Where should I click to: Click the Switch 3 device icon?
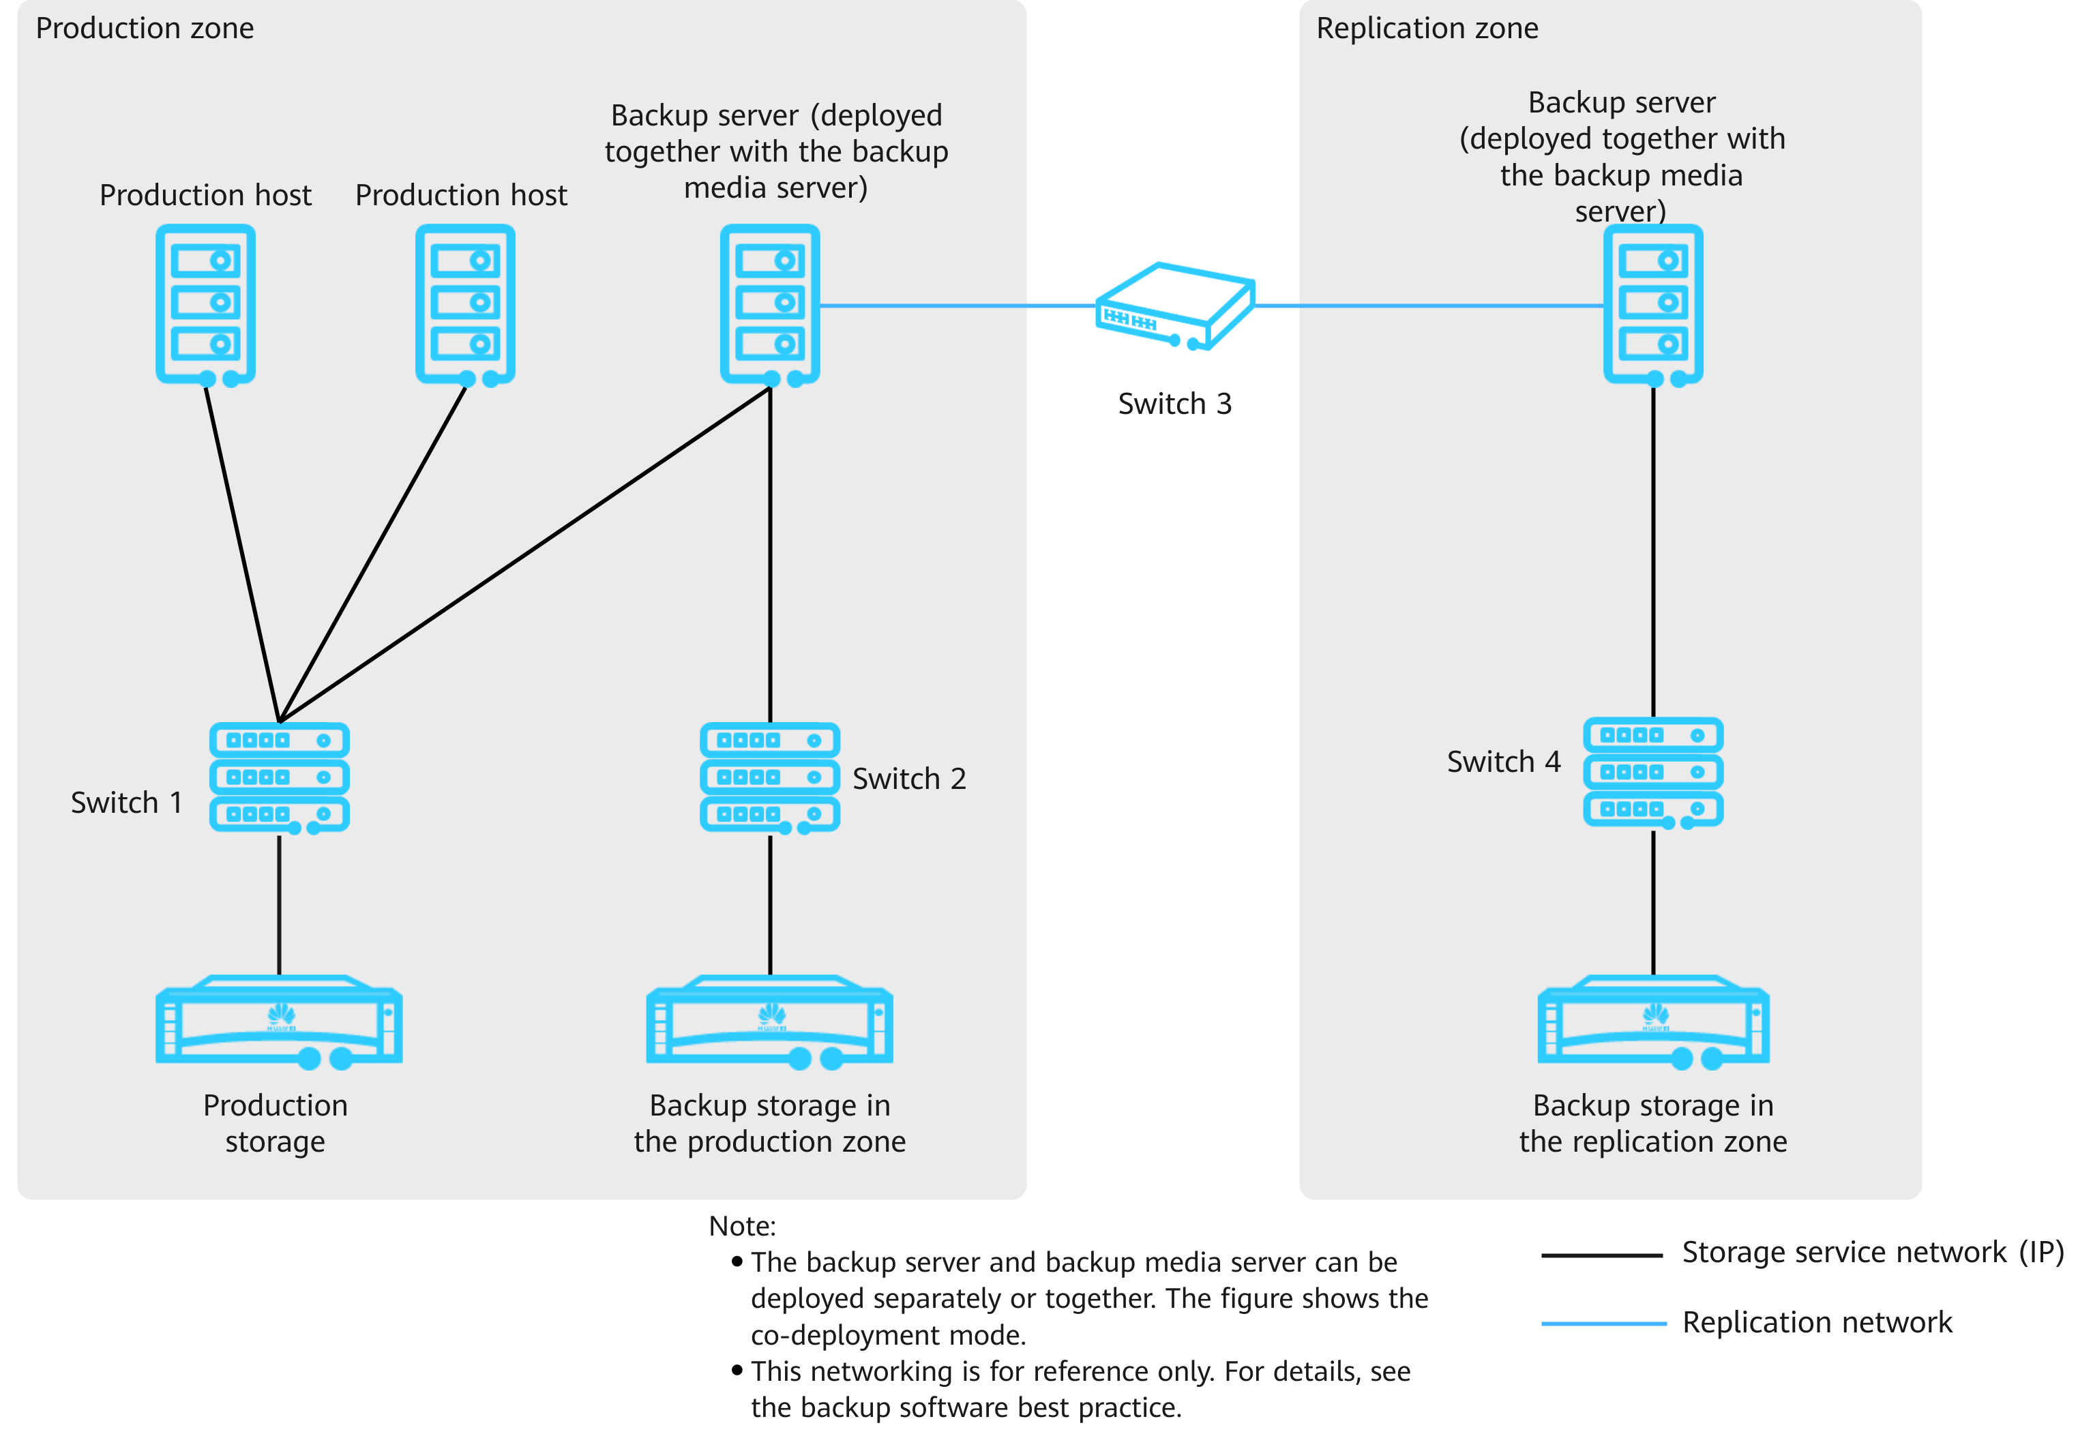1174,306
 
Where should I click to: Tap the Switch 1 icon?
280,778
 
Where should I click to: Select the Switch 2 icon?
770,778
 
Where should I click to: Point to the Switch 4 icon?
1653,773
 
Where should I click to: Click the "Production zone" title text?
145,29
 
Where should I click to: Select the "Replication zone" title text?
1427,29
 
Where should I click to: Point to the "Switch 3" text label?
1174,404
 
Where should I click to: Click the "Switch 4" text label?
1504,762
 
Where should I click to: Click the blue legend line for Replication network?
1603,1324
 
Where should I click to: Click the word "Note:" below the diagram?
742,1227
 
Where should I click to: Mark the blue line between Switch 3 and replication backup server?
1429,306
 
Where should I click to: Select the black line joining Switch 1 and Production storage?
280,905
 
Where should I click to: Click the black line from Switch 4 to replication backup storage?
1653,902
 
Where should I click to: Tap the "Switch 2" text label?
909,779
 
